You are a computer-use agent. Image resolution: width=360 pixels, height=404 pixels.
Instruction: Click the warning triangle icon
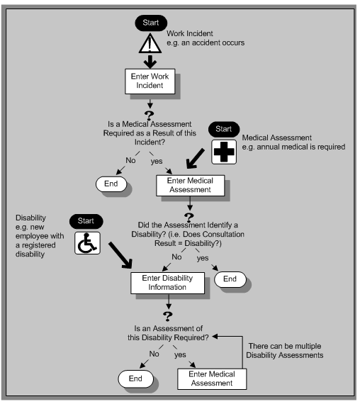150,45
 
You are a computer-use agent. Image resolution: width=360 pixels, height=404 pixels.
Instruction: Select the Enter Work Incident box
150,81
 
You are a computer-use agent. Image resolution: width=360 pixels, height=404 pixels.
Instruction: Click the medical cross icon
223,154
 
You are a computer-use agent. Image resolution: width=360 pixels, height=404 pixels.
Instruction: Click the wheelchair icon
87,244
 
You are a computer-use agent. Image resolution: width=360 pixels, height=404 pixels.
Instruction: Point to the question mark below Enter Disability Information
168,316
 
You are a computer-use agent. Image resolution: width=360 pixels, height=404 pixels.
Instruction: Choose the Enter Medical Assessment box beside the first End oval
189,184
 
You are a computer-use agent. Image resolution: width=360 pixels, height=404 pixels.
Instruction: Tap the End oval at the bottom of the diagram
136,379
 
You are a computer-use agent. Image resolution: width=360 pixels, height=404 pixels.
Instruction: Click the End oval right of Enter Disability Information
230,279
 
